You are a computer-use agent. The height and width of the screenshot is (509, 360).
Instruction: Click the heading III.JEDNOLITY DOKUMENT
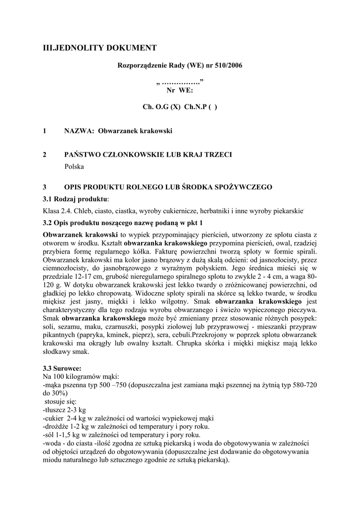click(100, 48)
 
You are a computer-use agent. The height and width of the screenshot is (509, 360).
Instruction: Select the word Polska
click(74, 167)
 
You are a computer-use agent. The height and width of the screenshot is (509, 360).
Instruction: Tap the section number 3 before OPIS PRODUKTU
click(45, 187)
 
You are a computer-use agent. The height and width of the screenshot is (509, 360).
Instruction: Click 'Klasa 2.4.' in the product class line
click(58, 211)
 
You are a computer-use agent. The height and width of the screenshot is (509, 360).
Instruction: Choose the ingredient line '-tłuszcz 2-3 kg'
click(65, 410)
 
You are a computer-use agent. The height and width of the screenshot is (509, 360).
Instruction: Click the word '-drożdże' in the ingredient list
click(57, 426)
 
